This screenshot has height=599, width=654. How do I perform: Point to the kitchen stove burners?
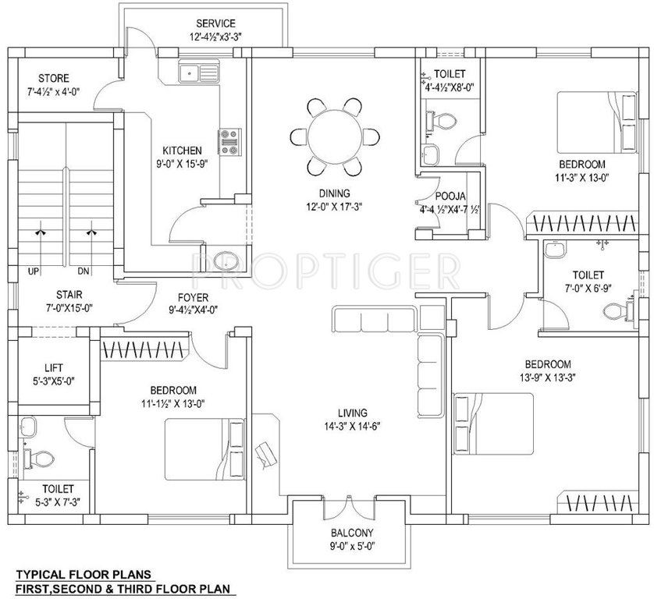point(230,141)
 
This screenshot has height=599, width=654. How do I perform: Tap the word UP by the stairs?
point(34,272)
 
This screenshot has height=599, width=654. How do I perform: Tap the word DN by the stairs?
point(84,272)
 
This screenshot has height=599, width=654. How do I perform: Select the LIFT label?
point(55,367)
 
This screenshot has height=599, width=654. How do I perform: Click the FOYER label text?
point(192,296)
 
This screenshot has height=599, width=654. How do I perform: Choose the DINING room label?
point(334,193)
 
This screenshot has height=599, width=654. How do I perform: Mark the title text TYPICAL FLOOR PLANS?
point(79,572)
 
